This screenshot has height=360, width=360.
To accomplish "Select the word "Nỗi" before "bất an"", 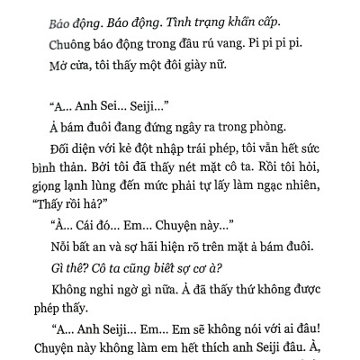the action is (64, 266).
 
